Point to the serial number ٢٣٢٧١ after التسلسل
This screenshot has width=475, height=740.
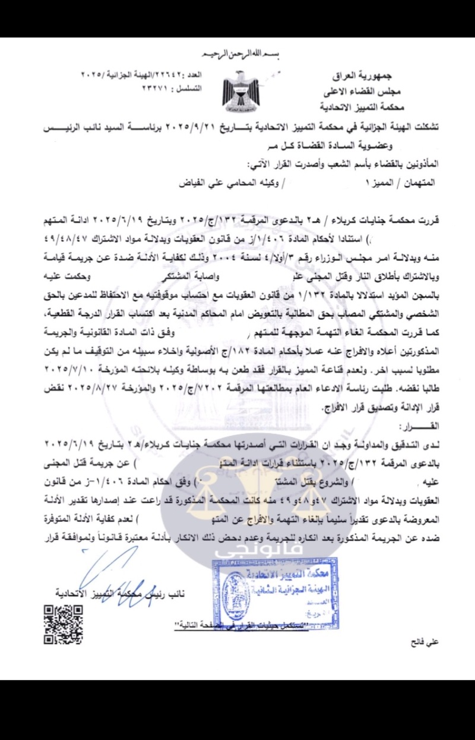pos(156,88)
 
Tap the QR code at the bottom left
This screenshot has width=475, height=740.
pos(63,624)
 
